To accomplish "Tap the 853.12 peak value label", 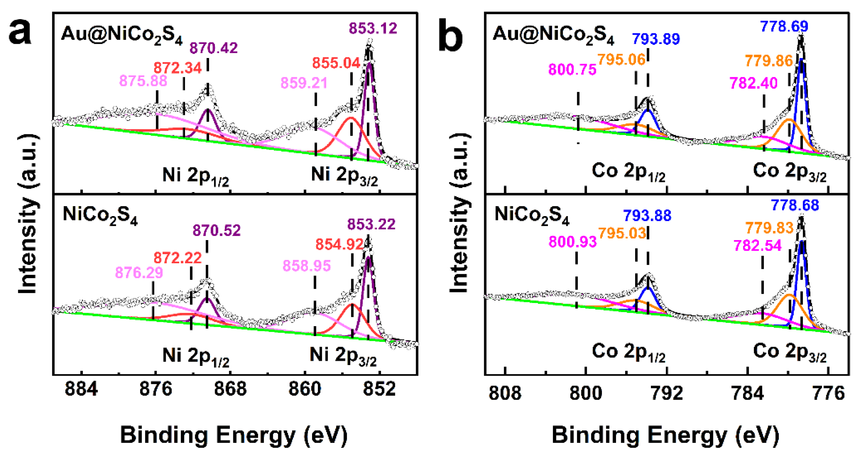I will [x=373, y=28].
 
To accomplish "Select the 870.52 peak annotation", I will [x=216, y=230].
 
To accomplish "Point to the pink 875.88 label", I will [x=143, y=81].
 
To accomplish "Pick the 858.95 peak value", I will [x=307, y=266].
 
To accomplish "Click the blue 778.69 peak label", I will [x=784, y=26].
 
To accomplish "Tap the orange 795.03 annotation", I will [x=622, y=233].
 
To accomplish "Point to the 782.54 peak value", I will [x=757, y=246].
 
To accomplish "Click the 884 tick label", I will [x=81, y=389].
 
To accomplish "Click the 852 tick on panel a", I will [x=379, y=389].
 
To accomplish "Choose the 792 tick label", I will [x=667, y=393].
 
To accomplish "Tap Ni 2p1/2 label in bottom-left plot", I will [x=196, y=356].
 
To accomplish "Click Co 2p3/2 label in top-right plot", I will [x=789, y=172].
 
